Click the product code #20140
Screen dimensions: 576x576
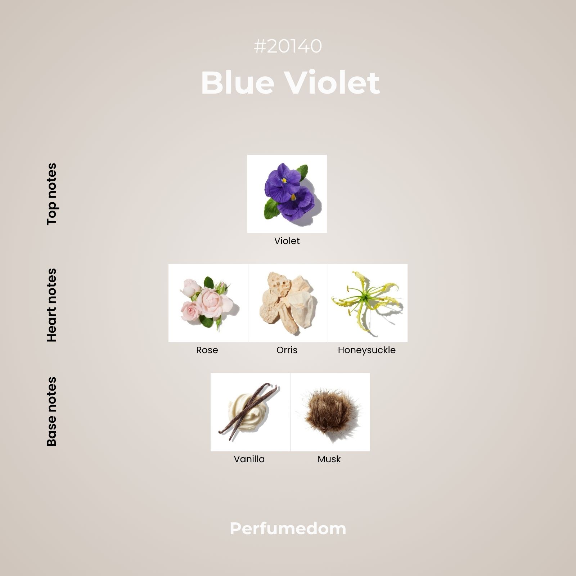tap(288, 46)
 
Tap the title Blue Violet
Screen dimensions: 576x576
tap(290, 82)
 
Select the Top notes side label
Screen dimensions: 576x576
tap(52, 194)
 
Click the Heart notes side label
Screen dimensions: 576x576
tap(52, 305)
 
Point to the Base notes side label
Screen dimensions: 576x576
tap(52, 411)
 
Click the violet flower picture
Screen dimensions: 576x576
tap(287, 194)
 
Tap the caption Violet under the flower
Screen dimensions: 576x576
tap(287, 241)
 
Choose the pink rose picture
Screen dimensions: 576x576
tap(208, 303)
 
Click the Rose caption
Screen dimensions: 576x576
tap(207, 350)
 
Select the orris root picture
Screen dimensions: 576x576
tap(288, 303)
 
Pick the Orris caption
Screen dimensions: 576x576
tap(287, 350)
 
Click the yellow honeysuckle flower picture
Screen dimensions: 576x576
tap(368, 303)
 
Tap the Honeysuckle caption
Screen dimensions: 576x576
tap(366, 350)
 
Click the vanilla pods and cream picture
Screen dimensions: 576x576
tap(250, 412)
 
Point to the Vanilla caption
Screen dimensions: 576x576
tap(249, 459)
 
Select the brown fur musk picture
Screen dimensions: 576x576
tap(330, 412)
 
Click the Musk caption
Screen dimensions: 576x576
tap(329, 459)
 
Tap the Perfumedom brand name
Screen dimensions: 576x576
tap(288, 529)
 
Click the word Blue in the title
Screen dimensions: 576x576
tap(238, 82)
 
